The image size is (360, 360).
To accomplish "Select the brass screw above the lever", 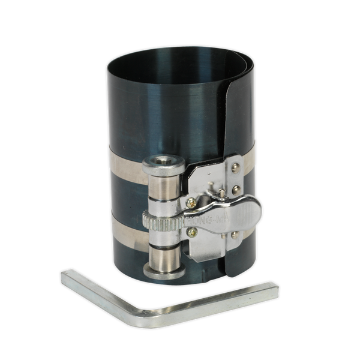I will point(191,202).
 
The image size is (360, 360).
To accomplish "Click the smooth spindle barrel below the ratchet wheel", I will point(164,255).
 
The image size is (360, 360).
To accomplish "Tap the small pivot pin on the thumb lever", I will point(223,193).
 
